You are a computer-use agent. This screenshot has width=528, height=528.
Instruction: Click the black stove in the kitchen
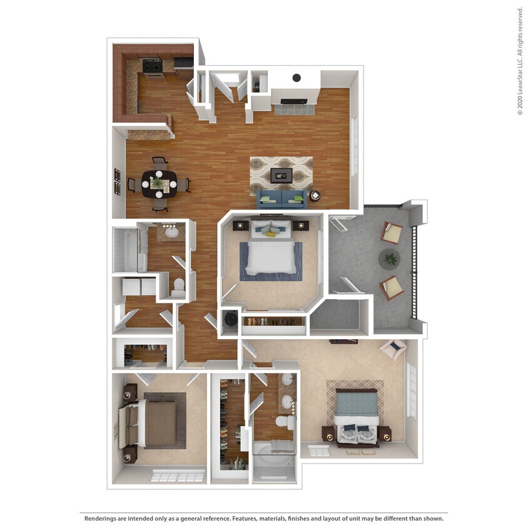(x=152, y=66)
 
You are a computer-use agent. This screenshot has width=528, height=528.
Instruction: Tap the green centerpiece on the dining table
(x=157, y=183)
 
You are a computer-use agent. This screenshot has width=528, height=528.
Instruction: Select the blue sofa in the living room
(x=282, y=199)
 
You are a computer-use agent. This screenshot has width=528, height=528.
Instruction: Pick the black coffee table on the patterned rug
(x=281, y=175)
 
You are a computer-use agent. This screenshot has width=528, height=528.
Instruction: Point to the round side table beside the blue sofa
(x=315, y=196)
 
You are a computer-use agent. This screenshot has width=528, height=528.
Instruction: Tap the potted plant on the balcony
(x=390, y=258)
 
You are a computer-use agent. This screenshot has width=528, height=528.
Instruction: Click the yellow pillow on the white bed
(x=270, y=234)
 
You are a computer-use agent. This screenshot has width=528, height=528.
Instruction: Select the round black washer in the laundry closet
(x=229, y=318)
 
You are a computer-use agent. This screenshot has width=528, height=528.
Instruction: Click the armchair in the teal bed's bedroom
(x=393, y=349)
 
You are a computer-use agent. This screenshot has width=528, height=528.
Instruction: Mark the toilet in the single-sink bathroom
(x=178, y=288)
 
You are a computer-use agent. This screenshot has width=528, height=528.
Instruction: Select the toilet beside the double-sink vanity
(x=286, y=424)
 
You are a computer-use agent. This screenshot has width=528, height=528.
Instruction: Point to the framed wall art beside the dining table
(x=117, y=182)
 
